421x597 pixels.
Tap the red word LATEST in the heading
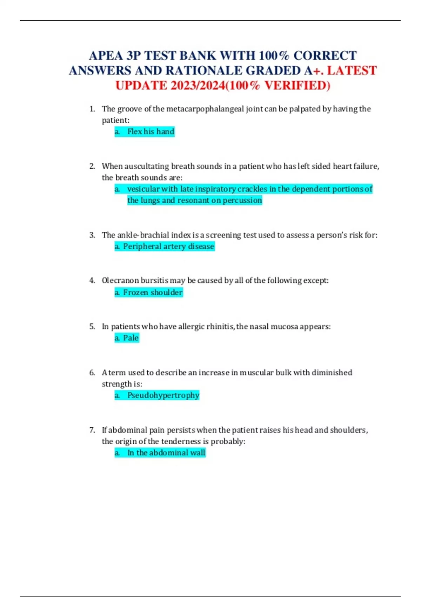[352, 71]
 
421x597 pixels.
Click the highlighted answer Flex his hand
[151, 132]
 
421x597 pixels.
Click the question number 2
[92, 166]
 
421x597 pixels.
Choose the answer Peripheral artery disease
[168, 247]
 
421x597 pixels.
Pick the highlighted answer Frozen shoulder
[153, 293]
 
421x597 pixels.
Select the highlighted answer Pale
[131, 338]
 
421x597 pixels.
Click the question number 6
[92, 373]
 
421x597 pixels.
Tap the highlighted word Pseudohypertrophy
[163, 395]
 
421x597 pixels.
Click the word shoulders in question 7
[348, 430]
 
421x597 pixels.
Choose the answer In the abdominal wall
[166, 453]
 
